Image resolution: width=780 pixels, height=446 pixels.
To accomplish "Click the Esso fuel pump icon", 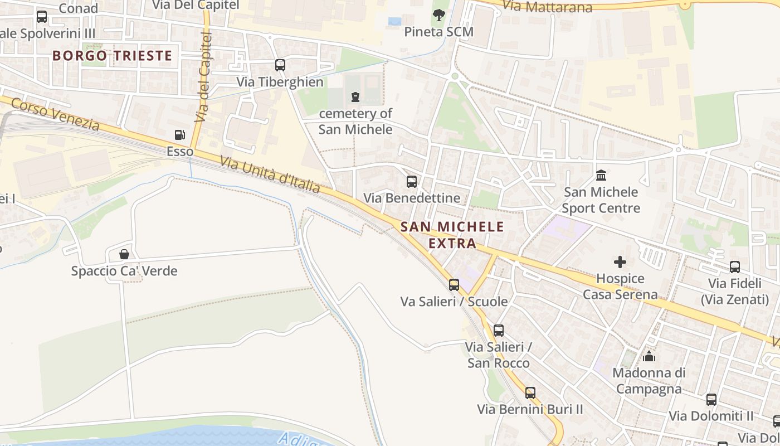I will coord(179,135).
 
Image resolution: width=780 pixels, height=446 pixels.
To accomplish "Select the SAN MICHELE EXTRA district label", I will coord(452,235).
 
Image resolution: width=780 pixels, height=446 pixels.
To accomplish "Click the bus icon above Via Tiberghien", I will coord(280,65).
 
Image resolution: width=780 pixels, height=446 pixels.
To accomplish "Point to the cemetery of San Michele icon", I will coord(355,97).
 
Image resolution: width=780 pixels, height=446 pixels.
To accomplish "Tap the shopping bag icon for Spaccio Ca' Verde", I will coord(124,255).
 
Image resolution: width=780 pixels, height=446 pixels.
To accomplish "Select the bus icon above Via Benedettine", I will coord(412,181).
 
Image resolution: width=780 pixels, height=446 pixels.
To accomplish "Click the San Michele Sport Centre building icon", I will coord(601,176).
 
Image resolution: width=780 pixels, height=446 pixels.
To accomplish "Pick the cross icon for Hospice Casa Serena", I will coord(620,262).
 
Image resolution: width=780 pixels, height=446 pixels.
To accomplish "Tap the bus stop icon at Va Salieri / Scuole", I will coord(454,285).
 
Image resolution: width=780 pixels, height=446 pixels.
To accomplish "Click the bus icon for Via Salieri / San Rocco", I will coord(499,331).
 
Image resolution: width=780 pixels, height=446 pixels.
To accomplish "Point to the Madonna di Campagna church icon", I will coord(649,356).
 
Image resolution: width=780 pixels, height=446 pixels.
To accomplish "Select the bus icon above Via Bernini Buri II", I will coord(530,393).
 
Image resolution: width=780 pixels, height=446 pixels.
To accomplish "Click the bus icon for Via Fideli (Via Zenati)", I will coord(735,267).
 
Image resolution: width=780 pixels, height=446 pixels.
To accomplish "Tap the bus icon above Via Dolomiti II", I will coord(711,400).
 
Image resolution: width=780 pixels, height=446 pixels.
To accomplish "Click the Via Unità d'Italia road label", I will coord(270,174).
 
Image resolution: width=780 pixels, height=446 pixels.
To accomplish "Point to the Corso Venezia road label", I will coord(55,114).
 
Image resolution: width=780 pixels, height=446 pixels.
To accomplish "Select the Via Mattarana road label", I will coord(547,7).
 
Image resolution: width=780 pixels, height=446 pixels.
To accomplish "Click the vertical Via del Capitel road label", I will coord(204,77).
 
